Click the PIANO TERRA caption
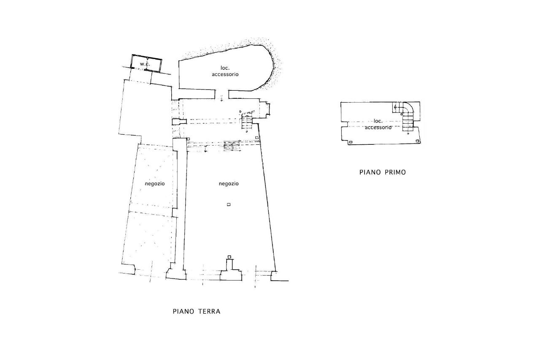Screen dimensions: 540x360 click(197, 311)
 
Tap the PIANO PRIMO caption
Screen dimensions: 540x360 click(383, 172)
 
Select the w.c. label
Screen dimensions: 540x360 click(145, 64)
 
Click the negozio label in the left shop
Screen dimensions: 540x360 click(155, 184)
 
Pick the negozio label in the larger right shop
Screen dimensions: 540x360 click(229, 184)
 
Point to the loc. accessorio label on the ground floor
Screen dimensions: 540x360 click(225, 71)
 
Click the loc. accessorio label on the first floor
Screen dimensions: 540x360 click(378, 124)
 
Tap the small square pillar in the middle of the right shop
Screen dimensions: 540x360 click(229, 204)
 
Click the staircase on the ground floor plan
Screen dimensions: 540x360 click(247, 122)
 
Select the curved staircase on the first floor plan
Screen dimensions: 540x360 click(408, 116)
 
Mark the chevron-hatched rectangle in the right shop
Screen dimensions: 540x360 click(232, 146)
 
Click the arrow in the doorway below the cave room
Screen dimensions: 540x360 click(221, 98)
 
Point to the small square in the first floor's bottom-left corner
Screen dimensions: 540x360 click(351, 142)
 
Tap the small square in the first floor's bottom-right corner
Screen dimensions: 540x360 click(417, 141)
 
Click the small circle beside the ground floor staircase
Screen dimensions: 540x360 click(240, 111)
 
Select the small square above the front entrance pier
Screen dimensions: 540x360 click(229, 257)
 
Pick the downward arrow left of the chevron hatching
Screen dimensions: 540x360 click(205, 149)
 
